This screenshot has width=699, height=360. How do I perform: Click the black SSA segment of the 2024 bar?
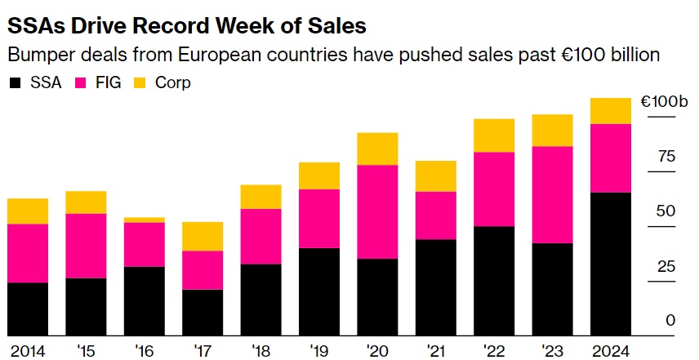tap(610, 263)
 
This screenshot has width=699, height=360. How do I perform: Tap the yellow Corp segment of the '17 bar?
tap(202, 236)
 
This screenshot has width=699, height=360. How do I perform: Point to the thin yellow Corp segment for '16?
tap(144, 220)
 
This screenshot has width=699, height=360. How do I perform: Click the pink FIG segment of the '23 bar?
tap(552, 194)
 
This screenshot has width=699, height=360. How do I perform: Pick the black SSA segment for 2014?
tap(27, 309)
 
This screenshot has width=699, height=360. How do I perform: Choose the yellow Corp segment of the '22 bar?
tap(493, 136)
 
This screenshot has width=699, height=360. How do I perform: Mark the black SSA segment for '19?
tap(318, 291)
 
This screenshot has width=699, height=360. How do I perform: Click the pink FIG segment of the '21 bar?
tap(435, 216)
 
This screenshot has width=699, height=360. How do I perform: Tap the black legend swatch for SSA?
tap(15, 82)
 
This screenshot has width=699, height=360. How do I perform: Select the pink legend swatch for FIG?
tap(81, 82)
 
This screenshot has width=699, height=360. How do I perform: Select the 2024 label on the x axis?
tap(609, 350)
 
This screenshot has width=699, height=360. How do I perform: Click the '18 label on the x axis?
tap(260, 350)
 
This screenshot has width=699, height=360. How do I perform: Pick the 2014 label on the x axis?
tap(27, 350)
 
